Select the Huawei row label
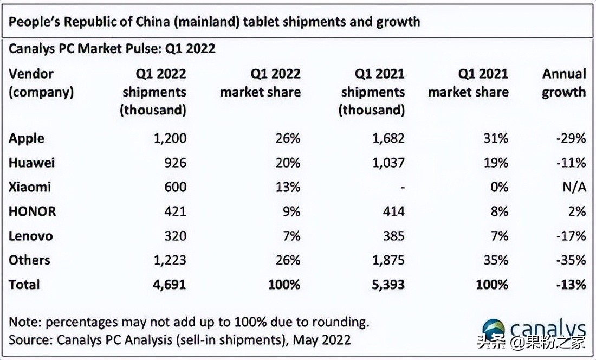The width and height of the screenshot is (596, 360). point(31,163)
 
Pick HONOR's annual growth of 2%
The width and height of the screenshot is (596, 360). point(576,211)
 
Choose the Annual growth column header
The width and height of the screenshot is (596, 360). point(564,82)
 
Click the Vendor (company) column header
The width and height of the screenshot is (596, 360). point(41,82)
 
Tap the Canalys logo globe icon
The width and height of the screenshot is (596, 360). point(493,330)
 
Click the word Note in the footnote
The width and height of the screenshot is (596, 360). point(23,322)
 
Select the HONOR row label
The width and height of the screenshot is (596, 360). point(32,211)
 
